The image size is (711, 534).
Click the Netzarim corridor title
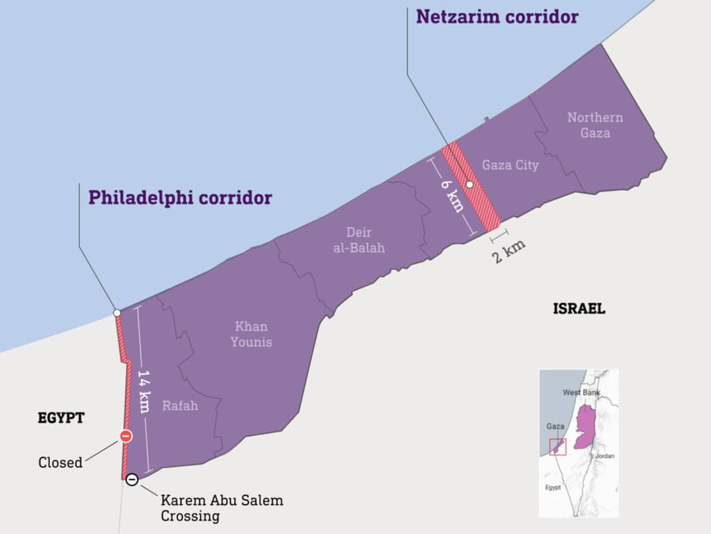click(497, 16)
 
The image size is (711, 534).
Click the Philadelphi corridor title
click(180, 197)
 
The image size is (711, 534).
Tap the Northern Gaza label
click(595, 125)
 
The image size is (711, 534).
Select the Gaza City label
click(510, 164)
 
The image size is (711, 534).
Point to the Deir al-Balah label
click(359, 240)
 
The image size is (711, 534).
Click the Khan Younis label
click(251, 334)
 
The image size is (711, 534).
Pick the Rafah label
click(180, 405)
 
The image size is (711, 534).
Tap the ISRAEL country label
click(579, 308)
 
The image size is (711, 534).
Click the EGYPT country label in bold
click(61, 417)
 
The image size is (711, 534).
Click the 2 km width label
click(509, 251)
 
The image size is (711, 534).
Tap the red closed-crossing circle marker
click(126, 436)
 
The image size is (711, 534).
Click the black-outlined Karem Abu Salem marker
click(132, 479)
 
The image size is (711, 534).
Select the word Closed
click(61, 462)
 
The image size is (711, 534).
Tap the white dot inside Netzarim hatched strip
click(469, 184)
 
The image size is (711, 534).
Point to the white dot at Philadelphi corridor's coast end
click(117, 312)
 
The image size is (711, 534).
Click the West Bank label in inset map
click(581, 392)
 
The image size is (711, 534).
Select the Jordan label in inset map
click(604, 456)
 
